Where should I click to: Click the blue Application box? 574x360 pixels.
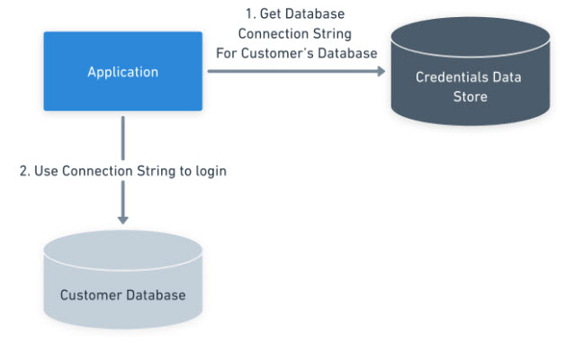(x=122, y=72)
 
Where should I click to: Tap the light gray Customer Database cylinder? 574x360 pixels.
(x=122, y=279)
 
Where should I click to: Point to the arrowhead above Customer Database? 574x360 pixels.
(x=122, y=218)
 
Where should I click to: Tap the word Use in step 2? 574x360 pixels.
(x=47, y=170)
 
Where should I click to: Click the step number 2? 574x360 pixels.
(x=24, y=170)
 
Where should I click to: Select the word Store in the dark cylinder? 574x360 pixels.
(x=469, y=95)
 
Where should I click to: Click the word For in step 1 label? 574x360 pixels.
(x=226, y=52)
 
